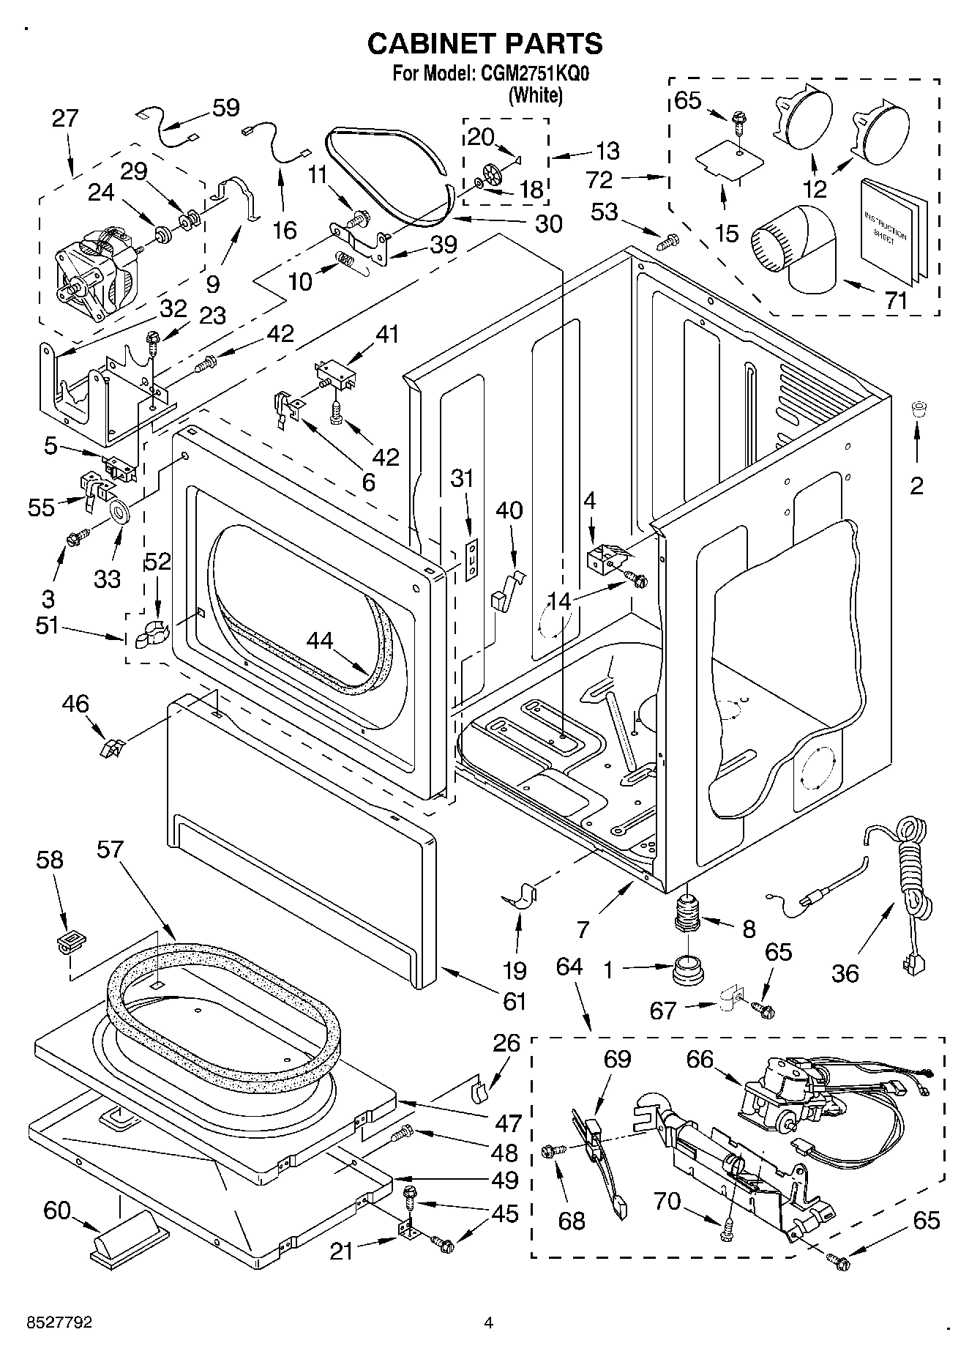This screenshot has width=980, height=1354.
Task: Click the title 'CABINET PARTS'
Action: point(485,44)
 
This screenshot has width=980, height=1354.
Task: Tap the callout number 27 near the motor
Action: point(64,119)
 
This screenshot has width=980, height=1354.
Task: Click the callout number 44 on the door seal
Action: point(320,641)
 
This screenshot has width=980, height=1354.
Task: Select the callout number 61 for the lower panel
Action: point(515,1000)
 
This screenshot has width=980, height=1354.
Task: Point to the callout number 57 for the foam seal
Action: point(111,849)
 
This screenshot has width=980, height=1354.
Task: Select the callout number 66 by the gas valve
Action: point(700,1059)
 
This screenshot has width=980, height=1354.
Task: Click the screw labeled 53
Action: point(669,239)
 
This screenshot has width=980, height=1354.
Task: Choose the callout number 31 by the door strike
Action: point(462,479)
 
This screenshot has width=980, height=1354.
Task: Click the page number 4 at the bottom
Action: point(489,1323)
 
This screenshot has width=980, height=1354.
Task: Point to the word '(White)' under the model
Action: point(536,94)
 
